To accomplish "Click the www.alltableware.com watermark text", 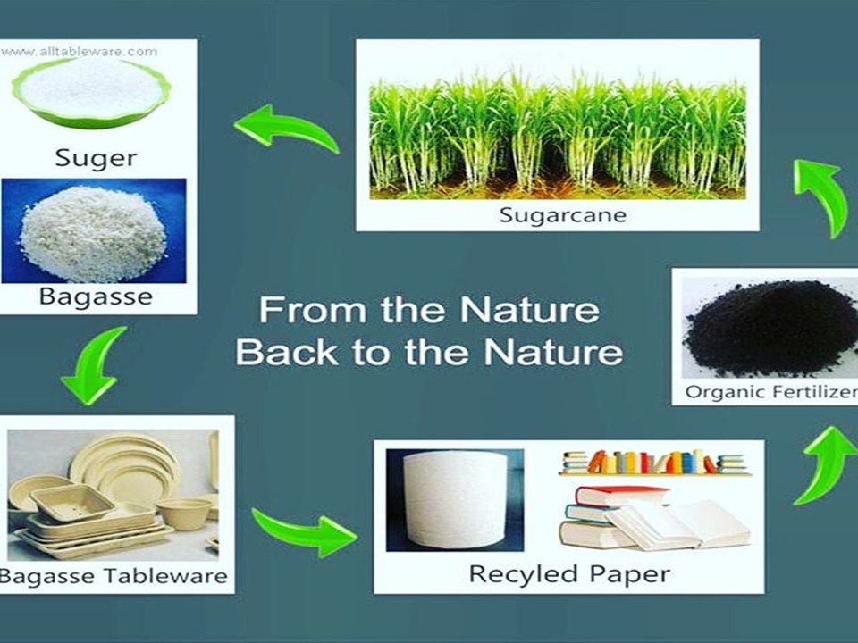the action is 80,52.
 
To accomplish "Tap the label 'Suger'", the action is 96,158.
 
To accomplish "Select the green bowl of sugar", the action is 91,91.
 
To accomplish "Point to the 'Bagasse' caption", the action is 96,296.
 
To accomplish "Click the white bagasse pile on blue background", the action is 93,232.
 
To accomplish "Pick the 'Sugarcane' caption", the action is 562,215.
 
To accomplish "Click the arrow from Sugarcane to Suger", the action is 287,129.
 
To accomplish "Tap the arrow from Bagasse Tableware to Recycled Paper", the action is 304,530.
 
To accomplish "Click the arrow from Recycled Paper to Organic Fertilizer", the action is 825,464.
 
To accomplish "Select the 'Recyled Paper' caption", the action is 569,574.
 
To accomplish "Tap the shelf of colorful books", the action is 654,463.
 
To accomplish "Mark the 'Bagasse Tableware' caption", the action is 114,576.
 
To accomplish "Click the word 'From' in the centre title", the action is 313,310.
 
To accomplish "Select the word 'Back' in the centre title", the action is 287,352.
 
